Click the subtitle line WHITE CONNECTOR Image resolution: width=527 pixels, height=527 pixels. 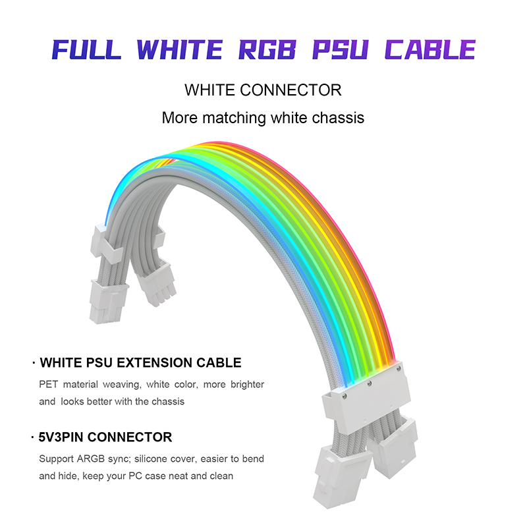(x=263, y=90)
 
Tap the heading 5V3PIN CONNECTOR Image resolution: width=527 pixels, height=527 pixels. (x=106, y=437)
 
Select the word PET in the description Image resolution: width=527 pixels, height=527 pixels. (x=48, y=384)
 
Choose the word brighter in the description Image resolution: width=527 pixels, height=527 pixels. (x=245, y=384)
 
